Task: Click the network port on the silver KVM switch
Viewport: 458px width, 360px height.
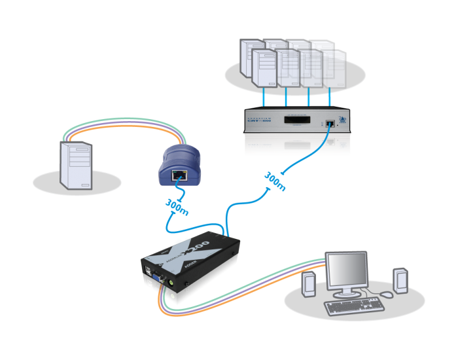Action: tap(325, 122)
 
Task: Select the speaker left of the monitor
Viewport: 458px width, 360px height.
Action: tap(309, 284)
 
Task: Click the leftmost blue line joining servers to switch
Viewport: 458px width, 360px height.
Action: tap(263, 97)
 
